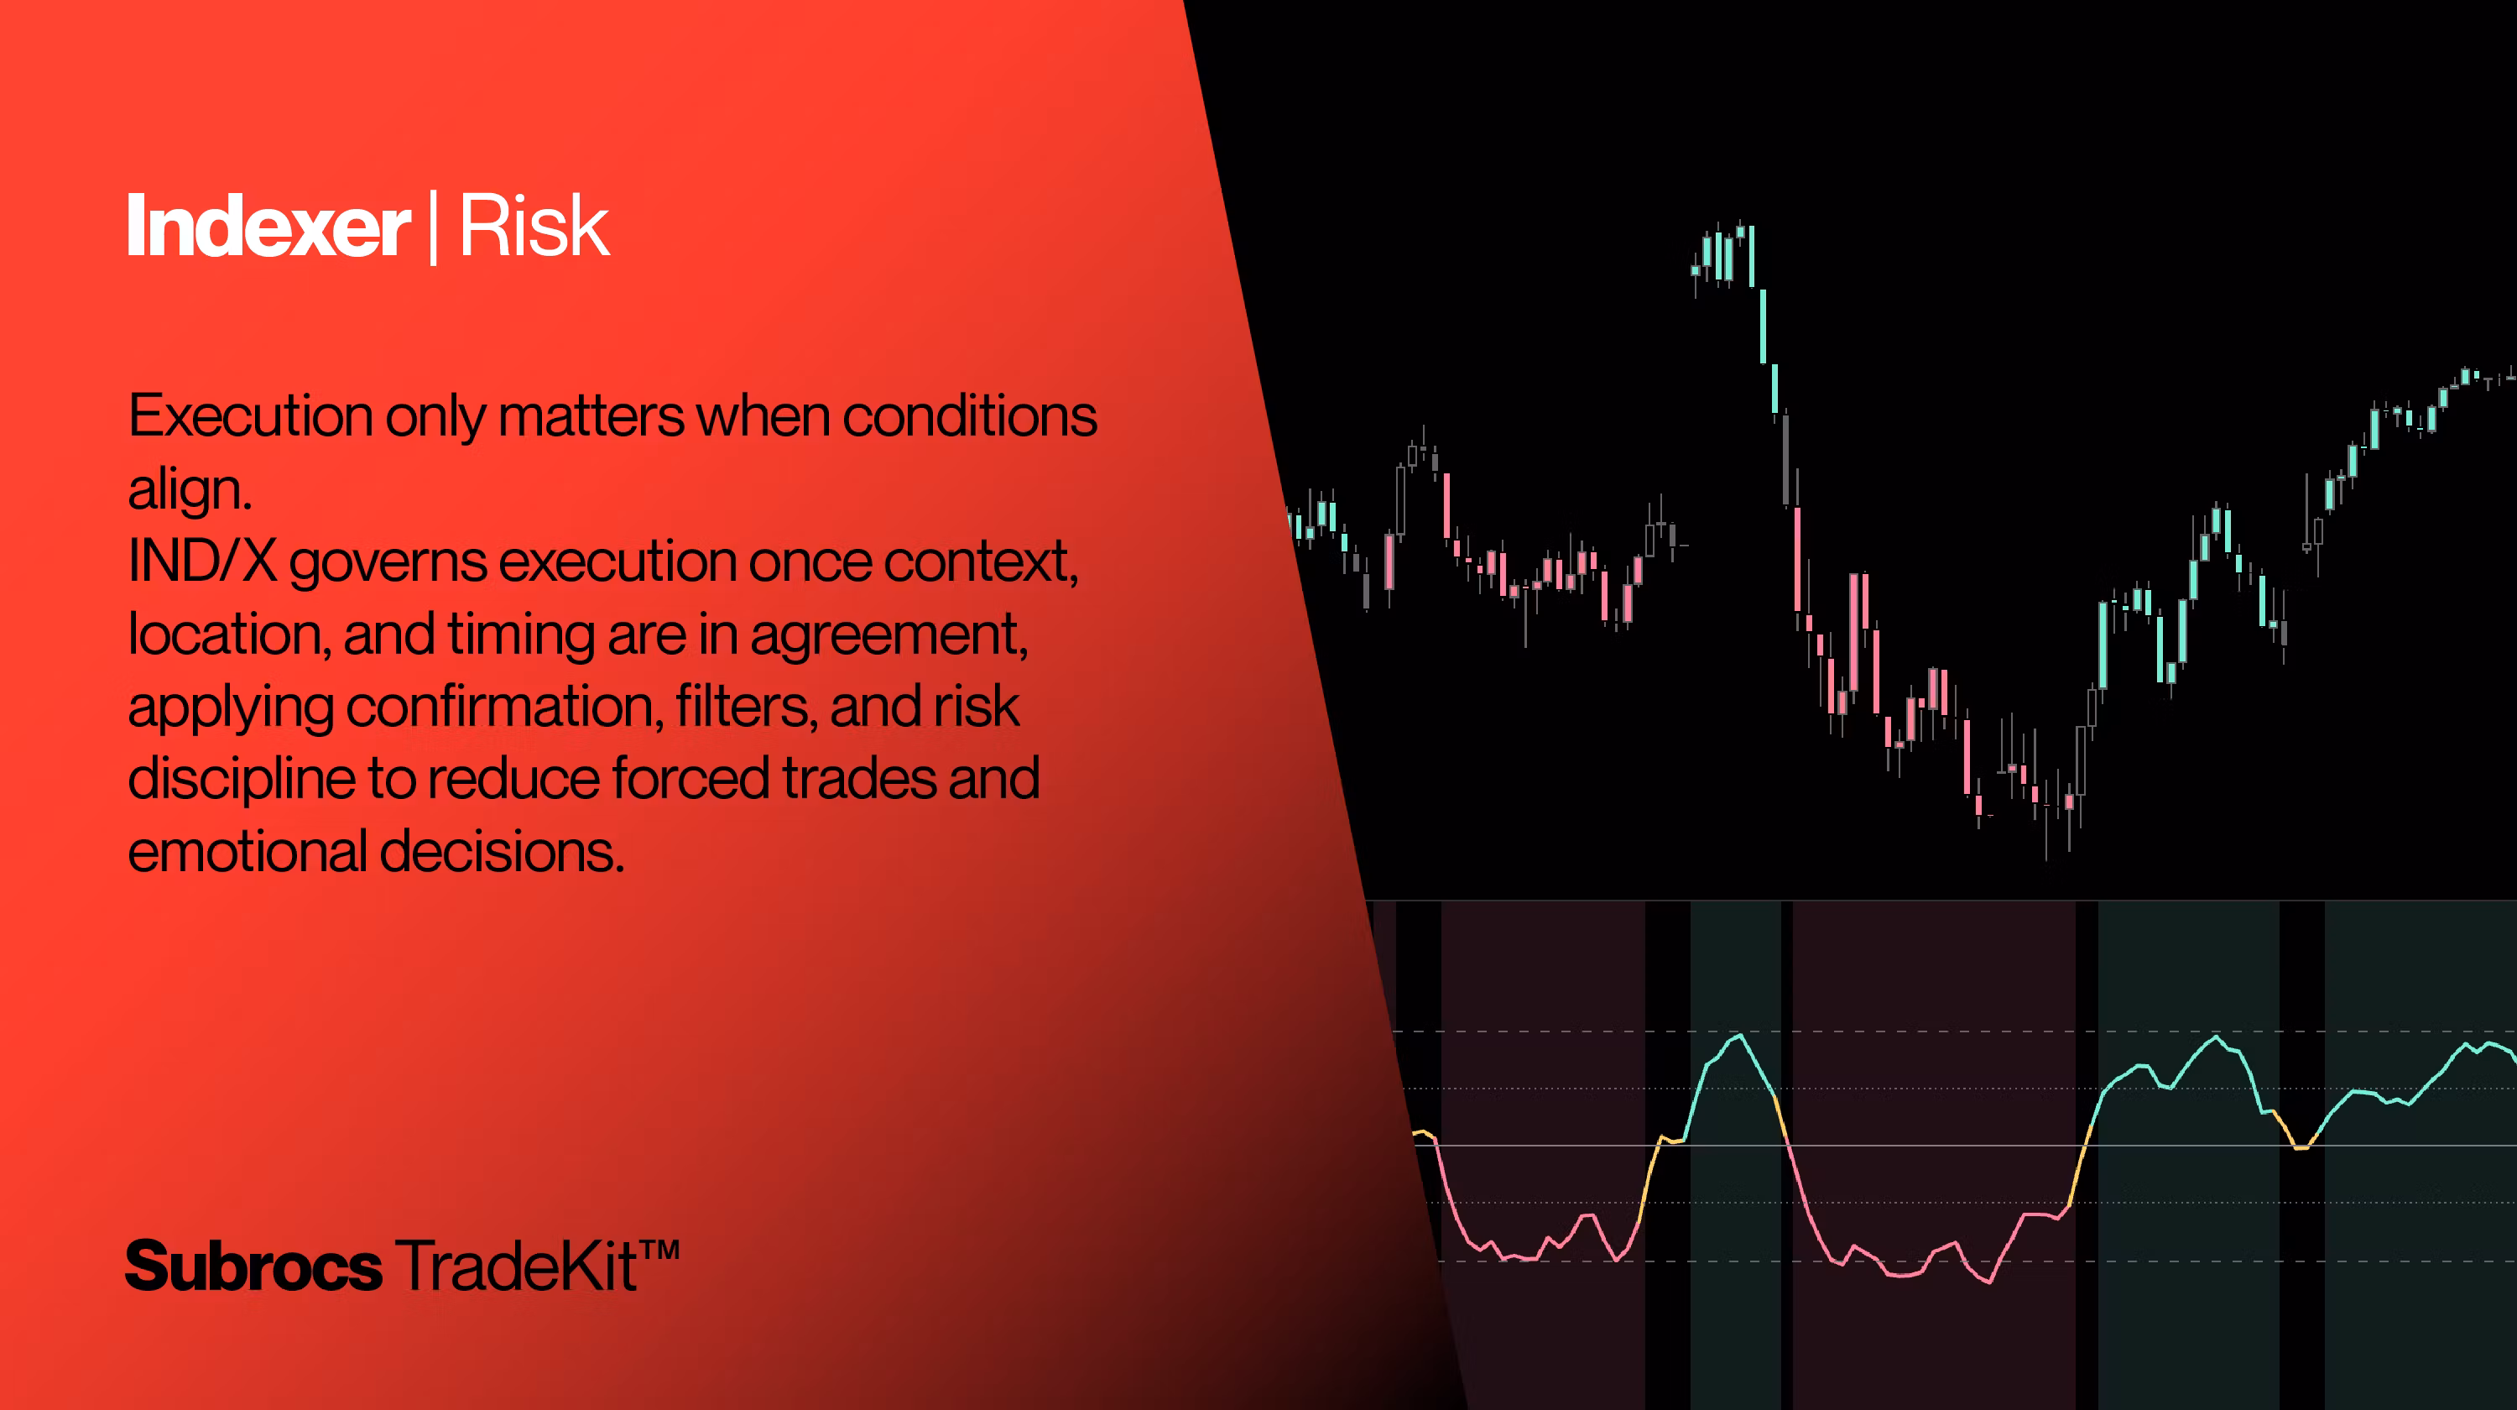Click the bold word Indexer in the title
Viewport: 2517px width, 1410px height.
(268, 227)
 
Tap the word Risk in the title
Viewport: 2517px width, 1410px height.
(534, 227)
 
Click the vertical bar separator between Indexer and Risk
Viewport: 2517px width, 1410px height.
(434, 228)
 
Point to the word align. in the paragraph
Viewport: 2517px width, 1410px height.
(190, 488)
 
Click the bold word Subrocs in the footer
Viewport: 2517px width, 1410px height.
(254, 1266)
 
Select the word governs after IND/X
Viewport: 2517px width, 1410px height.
(388, 563)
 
